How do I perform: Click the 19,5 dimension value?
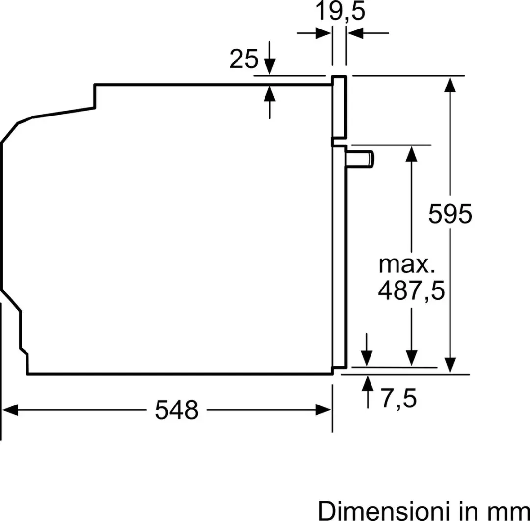click(x=340, y=11)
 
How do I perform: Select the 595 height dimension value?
click(x=450, y=214)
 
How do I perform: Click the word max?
click(x=407, y=264)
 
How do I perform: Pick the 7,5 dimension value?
click(x=399, y=399)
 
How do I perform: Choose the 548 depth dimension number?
click(x=177, y=410)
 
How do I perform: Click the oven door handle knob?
click(x=360, y=159)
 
